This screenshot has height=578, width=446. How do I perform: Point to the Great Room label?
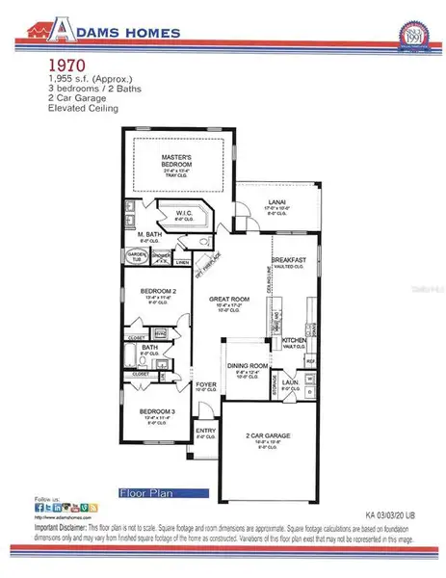pyautogui.click(x=230, y=299)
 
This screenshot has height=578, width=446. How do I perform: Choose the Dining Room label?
pyautogui.click(x=246, y=366)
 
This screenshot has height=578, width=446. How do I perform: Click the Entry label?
pyautogui.click(x=205, y=431)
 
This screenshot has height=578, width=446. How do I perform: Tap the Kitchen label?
pyautogui.click(x=294, y=340)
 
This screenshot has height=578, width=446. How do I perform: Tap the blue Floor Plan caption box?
pyautogui.click(x=148, y=494)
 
